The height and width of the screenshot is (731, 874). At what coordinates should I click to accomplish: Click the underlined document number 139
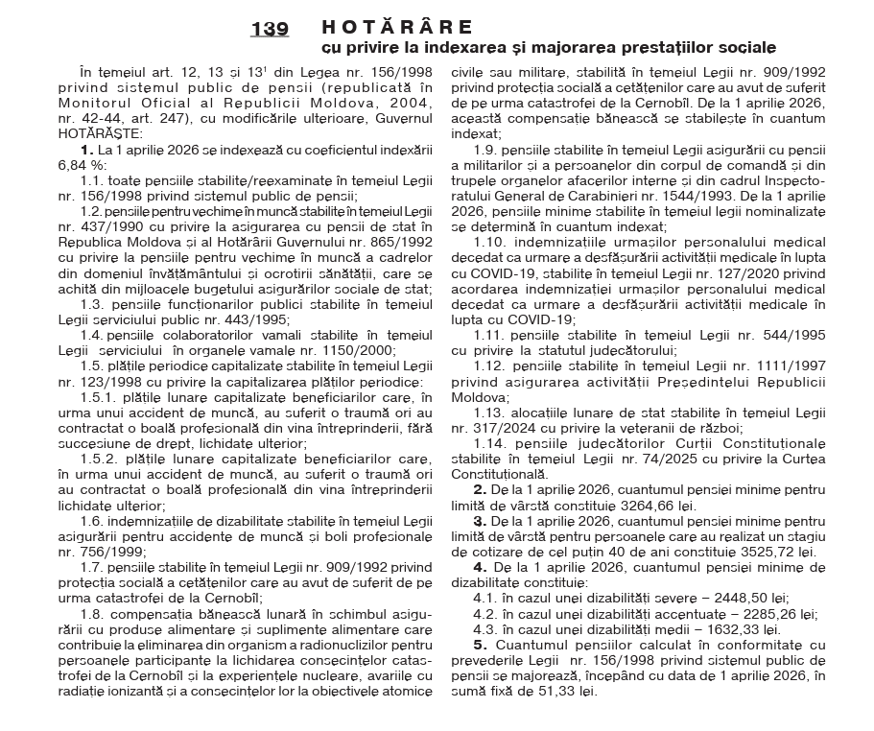click(270, 30)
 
